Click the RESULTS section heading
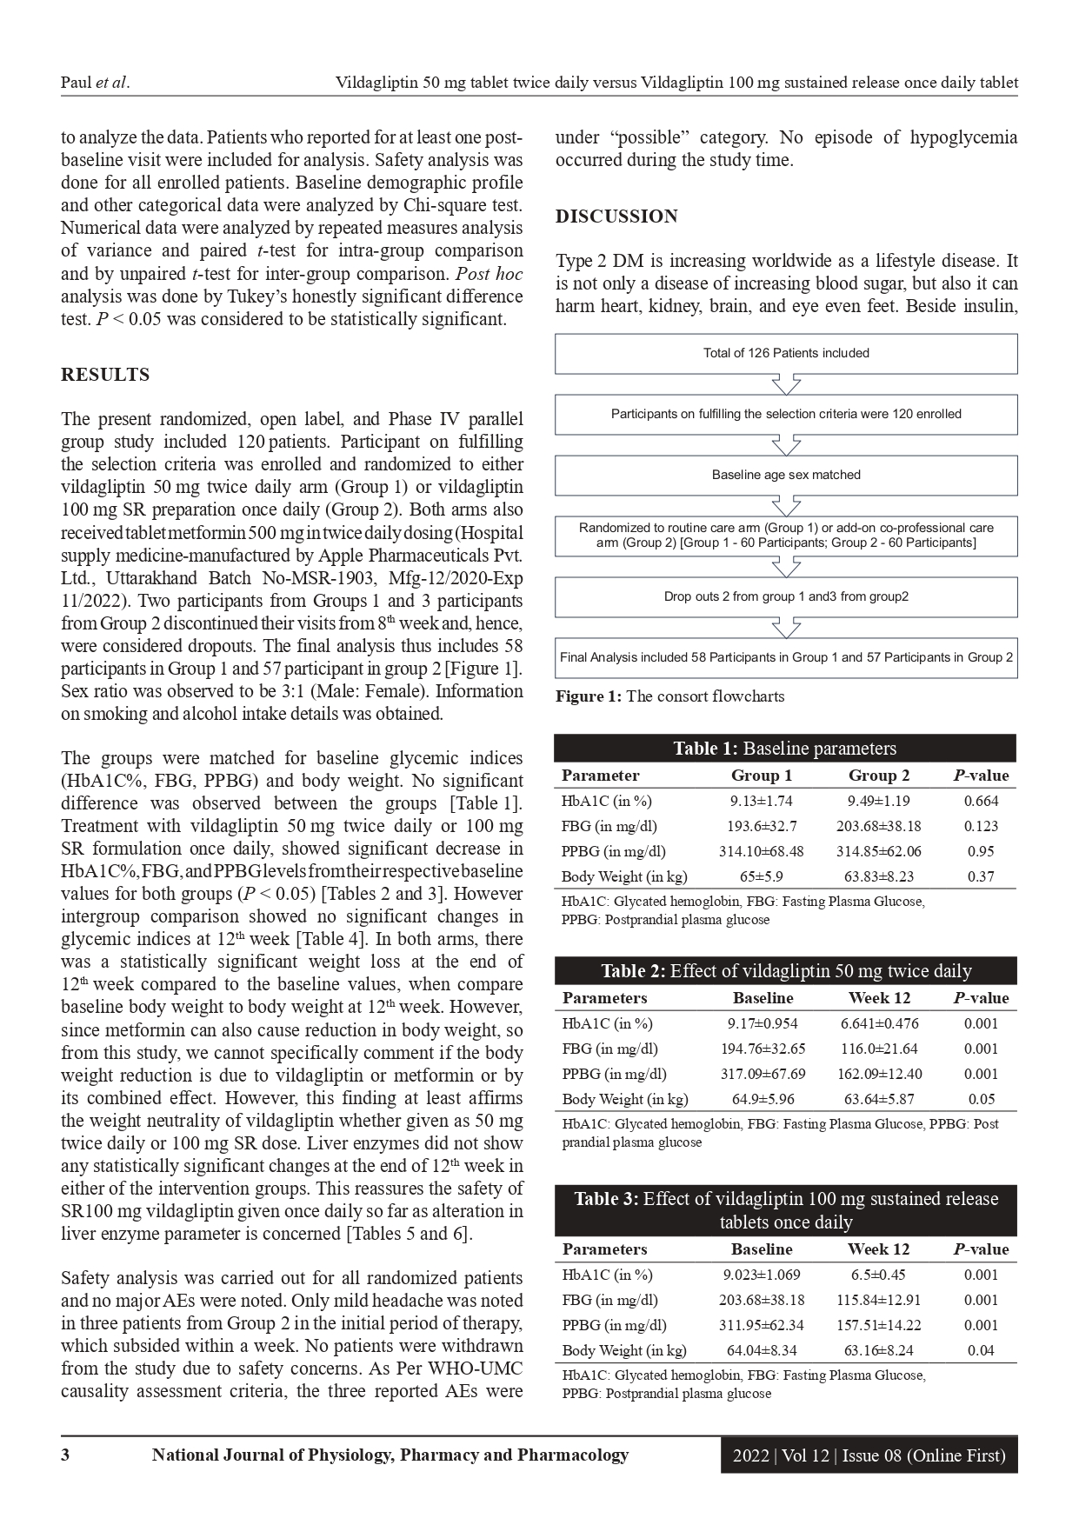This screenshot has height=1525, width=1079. pyautogui.click(x=105, y=375)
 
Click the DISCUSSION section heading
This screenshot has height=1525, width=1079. pyautogui.click(x=616, y=216)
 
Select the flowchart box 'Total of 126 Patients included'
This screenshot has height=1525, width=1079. pyautogui.click(x=786, y=353)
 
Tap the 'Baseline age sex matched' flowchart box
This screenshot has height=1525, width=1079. pyautogui.click(x=786, y=475)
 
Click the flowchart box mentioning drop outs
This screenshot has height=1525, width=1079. pyautogui.click(x=786, y=596)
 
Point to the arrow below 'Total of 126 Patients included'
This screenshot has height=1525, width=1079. pyautogui.click(x=786, y=384)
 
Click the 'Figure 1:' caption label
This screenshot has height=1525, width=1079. pyautogui.click(x=589, y=696)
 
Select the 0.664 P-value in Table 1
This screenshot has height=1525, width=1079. pyautogui.click(x=982, y=801)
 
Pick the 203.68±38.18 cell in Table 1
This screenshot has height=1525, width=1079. pyautogui.click(x=878, y=826)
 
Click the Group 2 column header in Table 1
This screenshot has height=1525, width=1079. pyautogui.click(x=878, y=776)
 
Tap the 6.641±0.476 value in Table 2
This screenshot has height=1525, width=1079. pyautogui.click(x=879, y=1023)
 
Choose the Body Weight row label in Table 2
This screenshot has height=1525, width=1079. pyautogui.click(x=624, y=1099)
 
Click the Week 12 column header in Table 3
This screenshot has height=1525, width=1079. pyautogui.click(x=878, y=1249)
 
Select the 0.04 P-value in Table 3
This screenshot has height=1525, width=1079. pyautogui.click(x=981, y=1350)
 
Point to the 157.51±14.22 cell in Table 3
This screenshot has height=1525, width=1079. pyautogui.click(x=878, y=1325)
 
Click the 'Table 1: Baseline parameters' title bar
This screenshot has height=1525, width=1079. pyautogui.click(x=785, y=749)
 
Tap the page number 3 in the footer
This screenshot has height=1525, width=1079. pyautogui.click(x=65, y=1455)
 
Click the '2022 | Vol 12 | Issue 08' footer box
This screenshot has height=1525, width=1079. pyautogui.click(x=869, y=1455)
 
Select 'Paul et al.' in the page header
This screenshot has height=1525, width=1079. pyautogui.click(x=95, y=83)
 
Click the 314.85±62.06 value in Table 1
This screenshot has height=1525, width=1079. pyautogui.click(x=878, y=851)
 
